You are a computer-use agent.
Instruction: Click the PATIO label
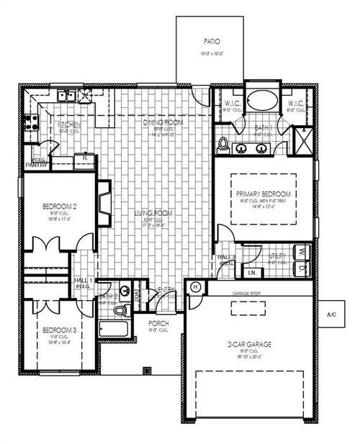(212, 42)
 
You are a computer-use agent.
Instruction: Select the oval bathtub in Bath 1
(261, 101)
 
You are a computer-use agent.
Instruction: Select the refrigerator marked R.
(86, 157)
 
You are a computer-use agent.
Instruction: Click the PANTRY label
(36, 166)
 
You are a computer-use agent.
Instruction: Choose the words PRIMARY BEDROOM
(263, 194)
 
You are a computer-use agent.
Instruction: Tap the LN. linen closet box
(253, 272)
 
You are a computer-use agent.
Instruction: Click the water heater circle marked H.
(195, 286)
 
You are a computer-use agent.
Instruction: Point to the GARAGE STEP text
(245, 294)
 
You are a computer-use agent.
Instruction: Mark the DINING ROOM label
(160, 122)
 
